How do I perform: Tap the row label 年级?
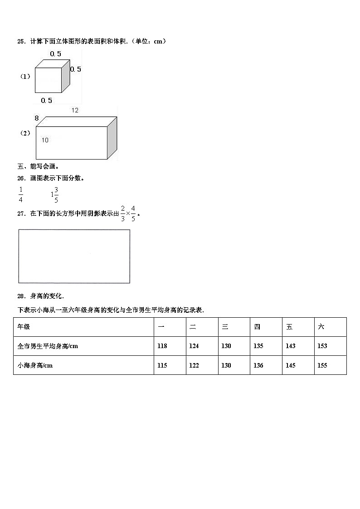pos(24,327)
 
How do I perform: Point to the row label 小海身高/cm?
pos(35,365)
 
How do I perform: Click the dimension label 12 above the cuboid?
pos(75,110)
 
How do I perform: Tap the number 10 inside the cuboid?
pos(45,141)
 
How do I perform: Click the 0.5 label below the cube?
pos(46,101)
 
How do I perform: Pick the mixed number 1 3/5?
pos(54,194)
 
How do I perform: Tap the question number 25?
pos(21,42)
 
